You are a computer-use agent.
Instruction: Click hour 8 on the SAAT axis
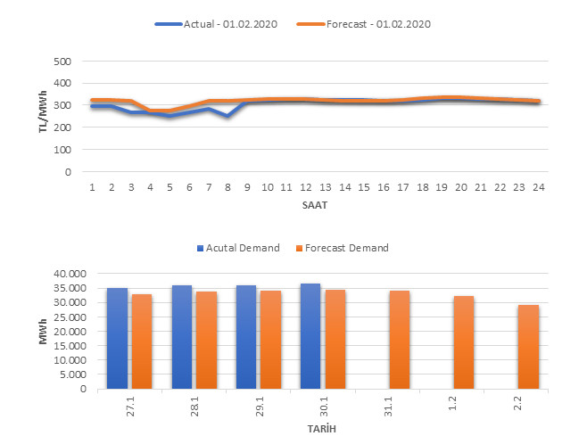click(228, 187)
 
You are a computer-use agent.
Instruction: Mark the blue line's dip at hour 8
click(228, 116)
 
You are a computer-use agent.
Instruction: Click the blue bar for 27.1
click(117, 338)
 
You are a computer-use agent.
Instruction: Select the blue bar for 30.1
click(310, 335)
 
